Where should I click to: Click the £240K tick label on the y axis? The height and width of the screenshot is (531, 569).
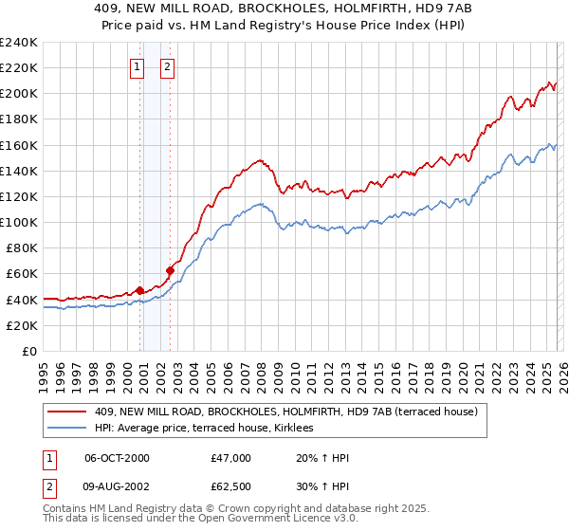[18, 43]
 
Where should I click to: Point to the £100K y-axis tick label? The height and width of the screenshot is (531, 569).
[18, 222]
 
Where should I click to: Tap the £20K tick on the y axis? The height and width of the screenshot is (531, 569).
[21, 325]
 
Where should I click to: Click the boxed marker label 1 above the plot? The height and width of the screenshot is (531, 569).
[138, 66]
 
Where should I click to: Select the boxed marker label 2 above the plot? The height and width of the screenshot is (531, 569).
[167, 66]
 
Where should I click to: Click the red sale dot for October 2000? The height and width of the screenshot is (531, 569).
[140, 290]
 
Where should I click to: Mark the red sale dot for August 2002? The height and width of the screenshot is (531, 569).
[171, 270]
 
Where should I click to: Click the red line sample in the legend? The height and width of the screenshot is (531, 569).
[68, 412]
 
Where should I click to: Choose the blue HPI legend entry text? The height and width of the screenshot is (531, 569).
[210, 429]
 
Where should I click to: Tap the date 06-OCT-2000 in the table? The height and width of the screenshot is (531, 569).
[117, 458]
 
